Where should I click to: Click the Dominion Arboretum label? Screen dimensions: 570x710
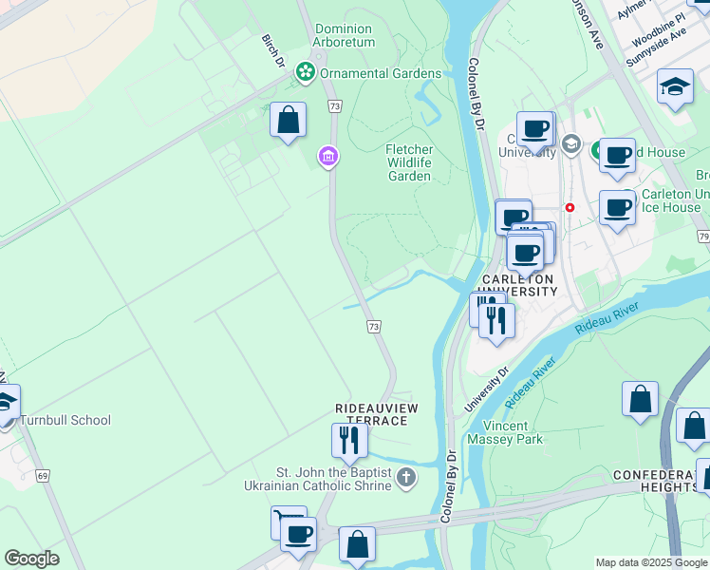tap(344, 35)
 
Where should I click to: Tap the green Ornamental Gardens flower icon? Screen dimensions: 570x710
tap(305, 71)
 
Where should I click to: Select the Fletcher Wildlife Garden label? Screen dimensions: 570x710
tap(409, 162)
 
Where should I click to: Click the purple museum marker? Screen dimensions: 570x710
tap(328, 156)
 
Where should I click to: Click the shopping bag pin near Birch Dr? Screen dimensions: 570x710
tap(288, 122)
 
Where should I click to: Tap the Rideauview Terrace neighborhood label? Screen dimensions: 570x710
tap(377, 413)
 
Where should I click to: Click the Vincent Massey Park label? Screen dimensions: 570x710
tap(504, 432)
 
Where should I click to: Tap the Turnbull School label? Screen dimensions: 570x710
tap(65, 420)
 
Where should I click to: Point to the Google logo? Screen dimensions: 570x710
tap(31, 559)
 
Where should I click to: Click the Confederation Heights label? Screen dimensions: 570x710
tap(656, 481)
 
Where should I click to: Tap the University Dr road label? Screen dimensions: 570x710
tap(487, 389)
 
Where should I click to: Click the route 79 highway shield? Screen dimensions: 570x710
tap(702, 236)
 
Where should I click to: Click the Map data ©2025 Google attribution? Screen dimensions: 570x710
tap(652, 562)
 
